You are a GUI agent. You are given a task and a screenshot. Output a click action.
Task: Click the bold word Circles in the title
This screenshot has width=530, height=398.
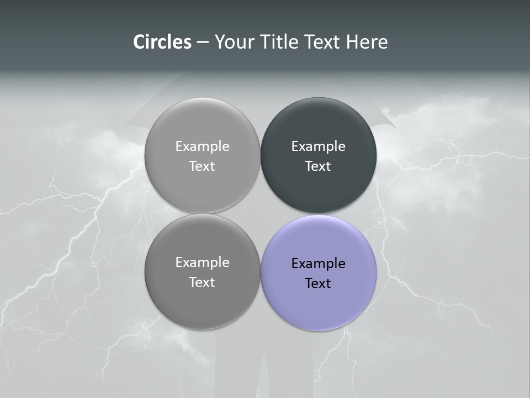point(162,42)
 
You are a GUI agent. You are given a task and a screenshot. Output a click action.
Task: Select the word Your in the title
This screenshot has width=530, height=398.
point(232,42)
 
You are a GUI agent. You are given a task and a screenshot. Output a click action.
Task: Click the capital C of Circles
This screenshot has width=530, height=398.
point(140,42)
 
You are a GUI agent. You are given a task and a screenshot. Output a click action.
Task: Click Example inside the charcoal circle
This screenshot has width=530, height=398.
point(319,146)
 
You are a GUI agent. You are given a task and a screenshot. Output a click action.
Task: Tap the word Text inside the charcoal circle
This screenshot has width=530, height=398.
point(318,166)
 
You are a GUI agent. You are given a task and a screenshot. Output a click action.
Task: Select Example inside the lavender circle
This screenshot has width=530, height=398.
point(319,263)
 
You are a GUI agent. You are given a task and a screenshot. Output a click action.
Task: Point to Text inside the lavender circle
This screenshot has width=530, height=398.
point(318,283)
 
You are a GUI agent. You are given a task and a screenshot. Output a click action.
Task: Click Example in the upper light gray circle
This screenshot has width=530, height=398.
point(202,146)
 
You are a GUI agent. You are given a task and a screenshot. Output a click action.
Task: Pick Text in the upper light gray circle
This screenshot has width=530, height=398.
point(202,166)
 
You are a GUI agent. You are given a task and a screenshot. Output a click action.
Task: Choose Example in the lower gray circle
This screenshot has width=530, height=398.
point(202,262)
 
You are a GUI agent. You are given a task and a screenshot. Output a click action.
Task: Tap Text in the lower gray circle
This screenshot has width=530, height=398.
point(202,282)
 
